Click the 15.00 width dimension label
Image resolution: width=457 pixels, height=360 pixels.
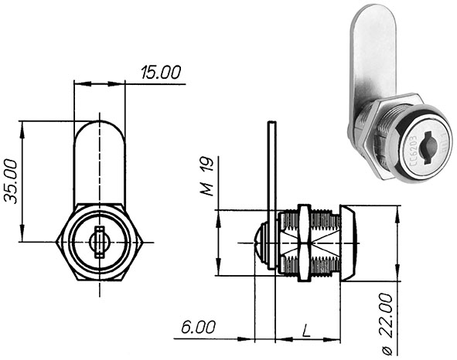(160, 73)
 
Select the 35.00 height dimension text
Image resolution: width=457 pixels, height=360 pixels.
(12, 181)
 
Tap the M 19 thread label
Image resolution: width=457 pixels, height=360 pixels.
(206, 176)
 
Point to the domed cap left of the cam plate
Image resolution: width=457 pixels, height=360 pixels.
(262, 242)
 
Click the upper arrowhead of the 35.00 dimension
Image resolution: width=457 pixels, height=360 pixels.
(23, 126)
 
